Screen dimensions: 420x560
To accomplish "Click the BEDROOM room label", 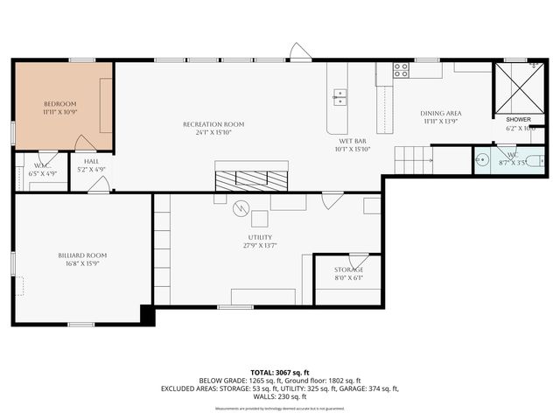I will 60,103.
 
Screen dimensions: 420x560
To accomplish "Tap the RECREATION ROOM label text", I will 213,124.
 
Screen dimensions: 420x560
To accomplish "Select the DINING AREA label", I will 441,113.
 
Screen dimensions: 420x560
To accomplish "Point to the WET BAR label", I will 353,140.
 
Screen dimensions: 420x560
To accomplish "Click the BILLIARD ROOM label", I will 82,255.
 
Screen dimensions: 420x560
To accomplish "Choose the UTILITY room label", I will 260,237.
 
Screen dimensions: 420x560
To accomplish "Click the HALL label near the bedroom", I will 91,161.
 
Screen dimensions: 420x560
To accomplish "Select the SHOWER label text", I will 518,119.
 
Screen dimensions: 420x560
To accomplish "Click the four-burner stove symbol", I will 401,69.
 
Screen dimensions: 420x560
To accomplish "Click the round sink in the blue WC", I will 480,160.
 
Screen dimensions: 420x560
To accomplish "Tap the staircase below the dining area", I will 412,160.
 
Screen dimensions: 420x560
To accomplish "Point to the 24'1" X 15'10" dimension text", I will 213,133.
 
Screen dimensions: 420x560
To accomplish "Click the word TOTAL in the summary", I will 262,371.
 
